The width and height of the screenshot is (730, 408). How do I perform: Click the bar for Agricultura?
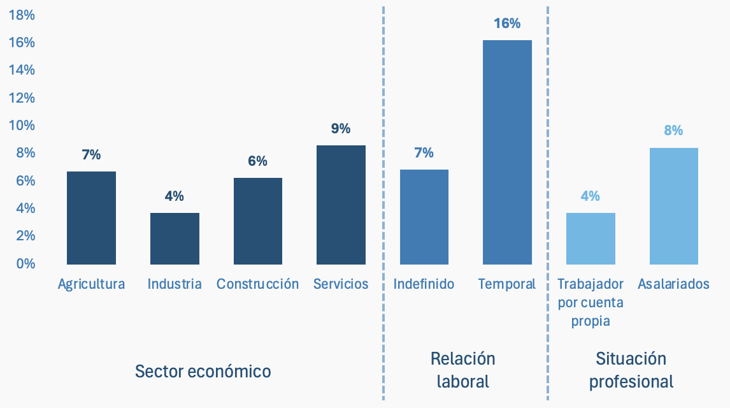91,217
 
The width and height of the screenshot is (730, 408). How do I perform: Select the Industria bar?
175,238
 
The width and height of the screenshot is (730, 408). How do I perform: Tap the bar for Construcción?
257,221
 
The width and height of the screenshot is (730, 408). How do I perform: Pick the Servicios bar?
341,205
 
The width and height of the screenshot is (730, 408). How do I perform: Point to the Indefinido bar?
424,217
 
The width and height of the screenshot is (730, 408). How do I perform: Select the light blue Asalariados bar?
673,206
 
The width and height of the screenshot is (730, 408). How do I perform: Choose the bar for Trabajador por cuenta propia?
590,238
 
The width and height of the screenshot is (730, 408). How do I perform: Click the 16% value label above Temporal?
507,24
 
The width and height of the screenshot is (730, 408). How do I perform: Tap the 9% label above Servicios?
341,128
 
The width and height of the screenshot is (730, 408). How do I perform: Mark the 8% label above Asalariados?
673,130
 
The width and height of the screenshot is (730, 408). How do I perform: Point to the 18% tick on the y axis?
22,15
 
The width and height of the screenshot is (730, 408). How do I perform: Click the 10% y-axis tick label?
22,125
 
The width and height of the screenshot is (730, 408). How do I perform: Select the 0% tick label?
25,263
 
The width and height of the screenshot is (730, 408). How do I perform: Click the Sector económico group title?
203,371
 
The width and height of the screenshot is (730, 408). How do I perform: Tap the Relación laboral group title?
463,370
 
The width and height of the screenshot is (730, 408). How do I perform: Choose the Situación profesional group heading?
631,370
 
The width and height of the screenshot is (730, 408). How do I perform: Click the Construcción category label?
257,284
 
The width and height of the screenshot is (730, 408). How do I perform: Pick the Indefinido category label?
424,284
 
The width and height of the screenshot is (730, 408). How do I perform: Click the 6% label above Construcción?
257,161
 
